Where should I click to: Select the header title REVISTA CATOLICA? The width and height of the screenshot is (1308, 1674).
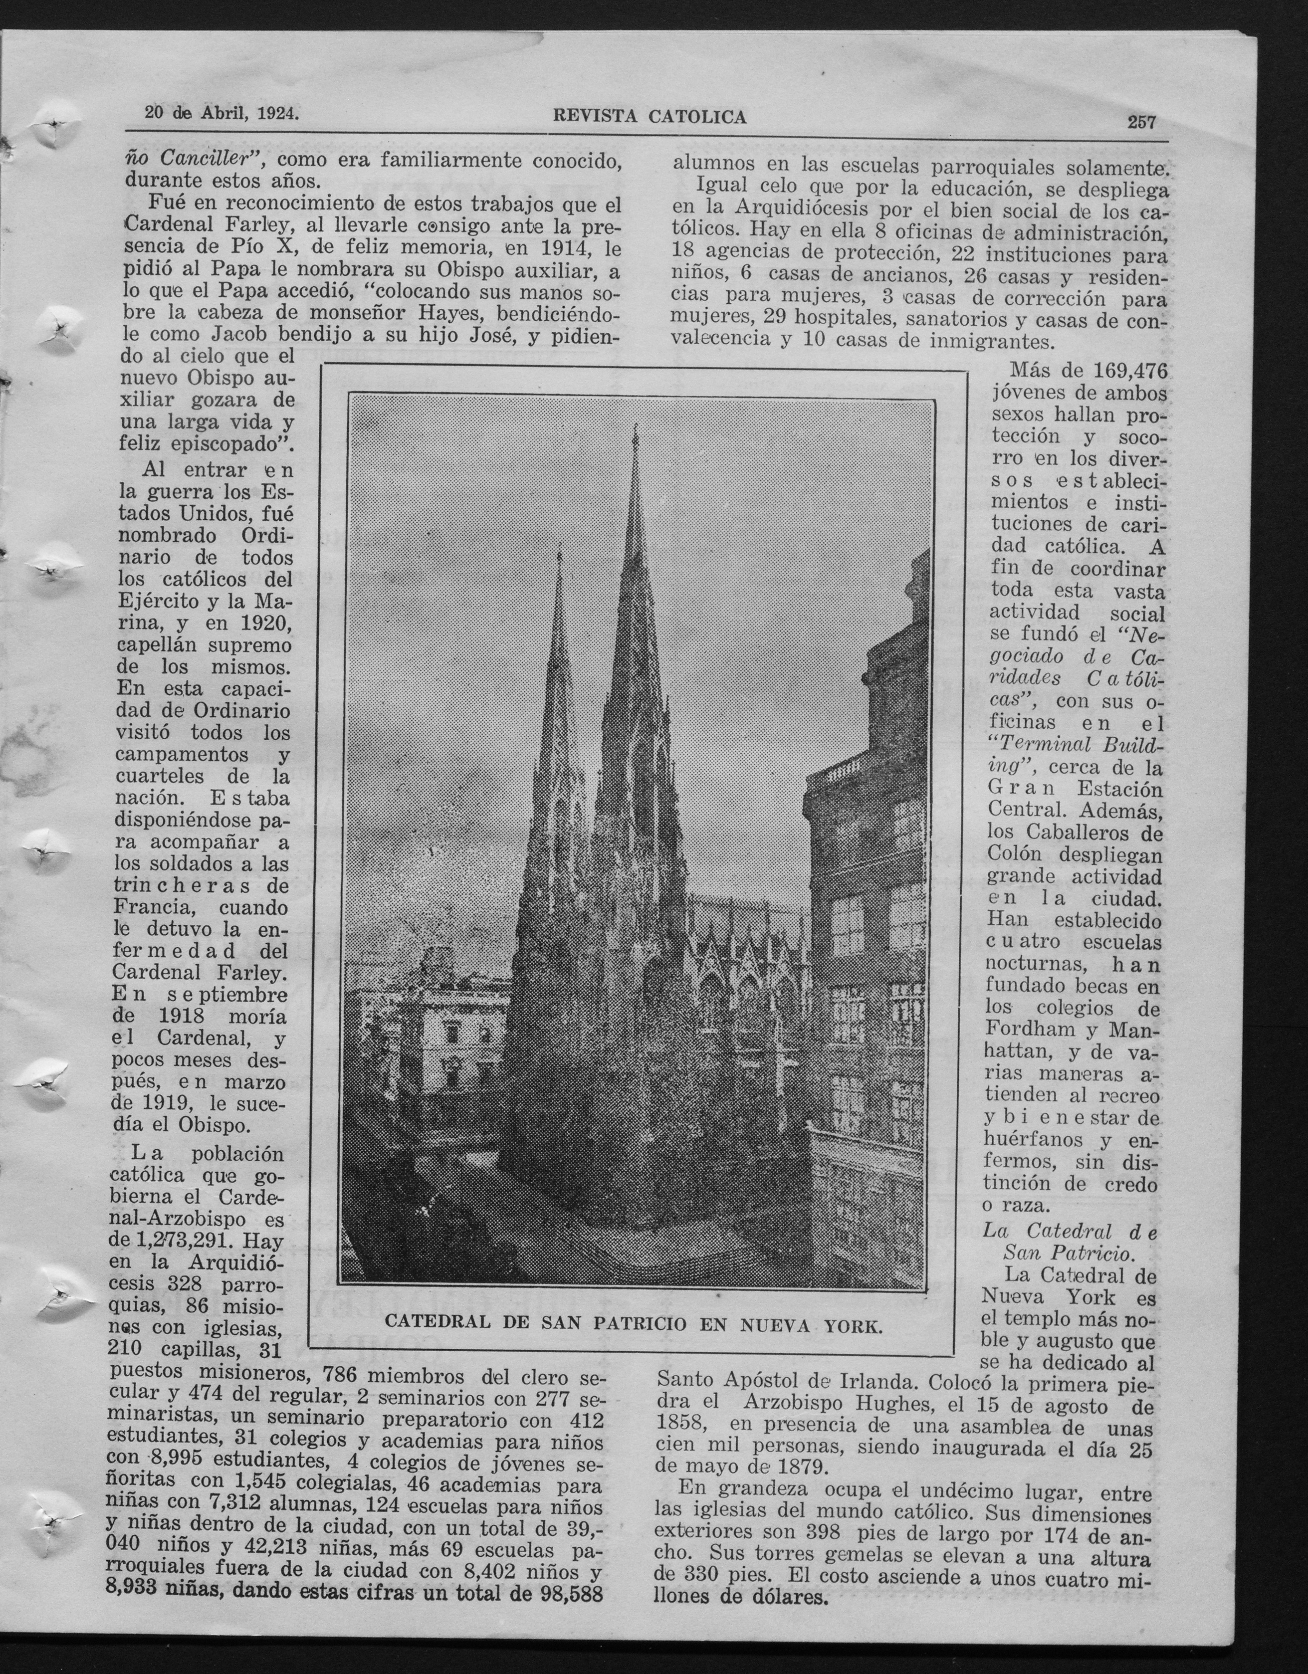(x=650, y=117)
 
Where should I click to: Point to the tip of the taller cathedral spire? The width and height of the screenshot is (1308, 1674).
(x=636, y=426)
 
